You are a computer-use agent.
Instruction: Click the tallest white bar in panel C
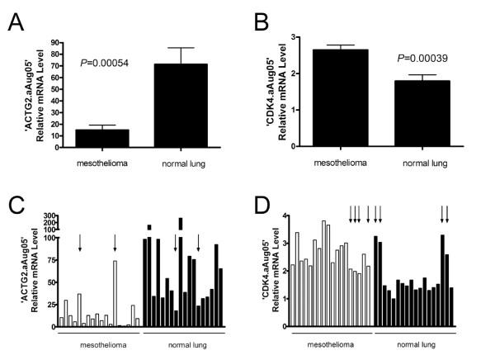[x=115, y=294]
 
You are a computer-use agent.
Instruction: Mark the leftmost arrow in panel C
[x=80, y=242]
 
